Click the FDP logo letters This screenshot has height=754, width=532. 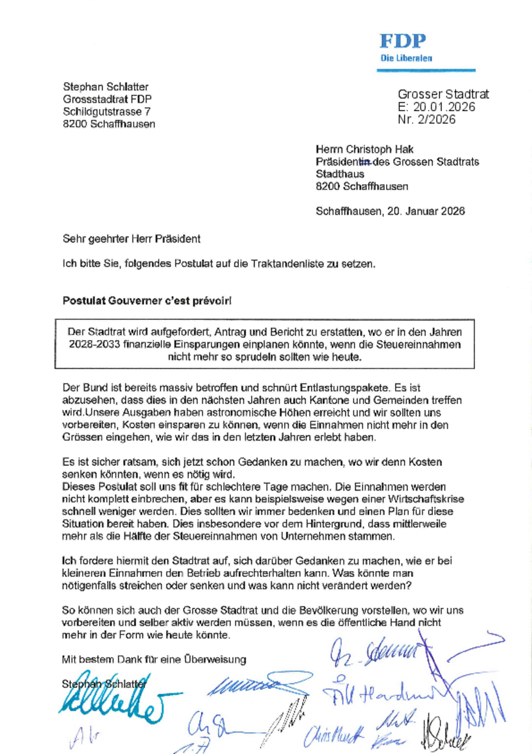click(402, 41)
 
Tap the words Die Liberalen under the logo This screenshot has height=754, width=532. click(406, 58)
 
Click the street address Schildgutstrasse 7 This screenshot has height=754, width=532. click(107, 112)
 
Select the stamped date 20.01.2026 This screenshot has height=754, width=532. click(444, 107)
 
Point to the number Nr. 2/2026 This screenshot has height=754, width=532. click(427, 120)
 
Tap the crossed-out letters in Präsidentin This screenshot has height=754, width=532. click(365, 162)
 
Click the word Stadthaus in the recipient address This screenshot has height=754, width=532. click(340, 174)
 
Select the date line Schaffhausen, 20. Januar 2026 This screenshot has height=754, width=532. click(390, 211)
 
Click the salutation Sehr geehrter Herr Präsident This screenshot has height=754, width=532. click(131, 239)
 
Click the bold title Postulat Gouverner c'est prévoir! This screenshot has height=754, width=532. click(147, 301)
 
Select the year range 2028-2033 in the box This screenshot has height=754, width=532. click(94, 345)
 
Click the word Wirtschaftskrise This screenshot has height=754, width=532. click(425, 499)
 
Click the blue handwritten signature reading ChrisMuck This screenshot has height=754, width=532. click(334, 737)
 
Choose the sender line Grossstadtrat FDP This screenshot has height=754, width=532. click(107, 99)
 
